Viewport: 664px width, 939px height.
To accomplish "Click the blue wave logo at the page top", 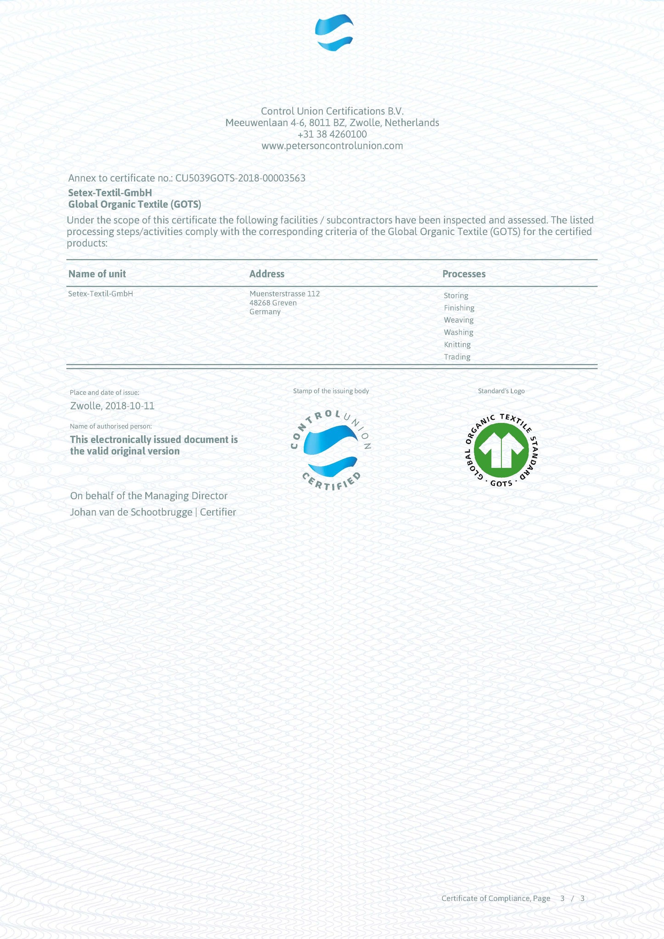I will point(334,33).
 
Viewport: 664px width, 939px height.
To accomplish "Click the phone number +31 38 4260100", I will point(332,134).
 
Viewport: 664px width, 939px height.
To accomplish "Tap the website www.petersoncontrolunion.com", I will point(332,146).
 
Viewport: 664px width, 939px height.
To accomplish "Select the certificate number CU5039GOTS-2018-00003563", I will point(240,178).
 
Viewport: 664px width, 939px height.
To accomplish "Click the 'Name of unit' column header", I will point(97,274).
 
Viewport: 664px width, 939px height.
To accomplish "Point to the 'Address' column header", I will point(267,274).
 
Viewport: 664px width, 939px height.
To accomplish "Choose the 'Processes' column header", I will point(464,274).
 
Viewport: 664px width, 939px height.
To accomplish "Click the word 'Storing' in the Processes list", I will point(456,296).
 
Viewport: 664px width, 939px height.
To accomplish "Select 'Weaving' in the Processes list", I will point(459,320).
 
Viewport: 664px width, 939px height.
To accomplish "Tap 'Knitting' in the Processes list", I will point(457,344).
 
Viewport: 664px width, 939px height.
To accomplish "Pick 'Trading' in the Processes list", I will point(457,357).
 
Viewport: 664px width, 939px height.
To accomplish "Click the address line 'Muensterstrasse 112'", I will point(284,294).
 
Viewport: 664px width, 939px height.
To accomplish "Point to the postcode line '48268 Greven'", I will point(273,303).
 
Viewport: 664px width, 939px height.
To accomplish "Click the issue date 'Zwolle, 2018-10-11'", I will point(112,406).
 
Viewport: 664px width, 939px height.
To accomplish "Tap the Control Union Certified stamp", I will point(331,450).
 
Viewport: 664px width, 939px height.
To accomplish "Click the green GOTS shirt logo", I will point(501,450).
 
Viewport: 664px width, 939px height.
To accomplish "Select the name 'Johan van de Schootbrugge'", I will point(131,512).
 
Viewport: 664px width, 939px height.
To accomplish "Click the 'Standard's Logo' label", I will point(501,391).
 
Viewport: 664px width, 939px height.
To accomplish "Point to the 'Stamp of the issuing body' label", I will point(331,391).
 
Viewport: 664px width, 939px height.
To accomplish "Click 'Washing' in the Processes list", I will point(458,332).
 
